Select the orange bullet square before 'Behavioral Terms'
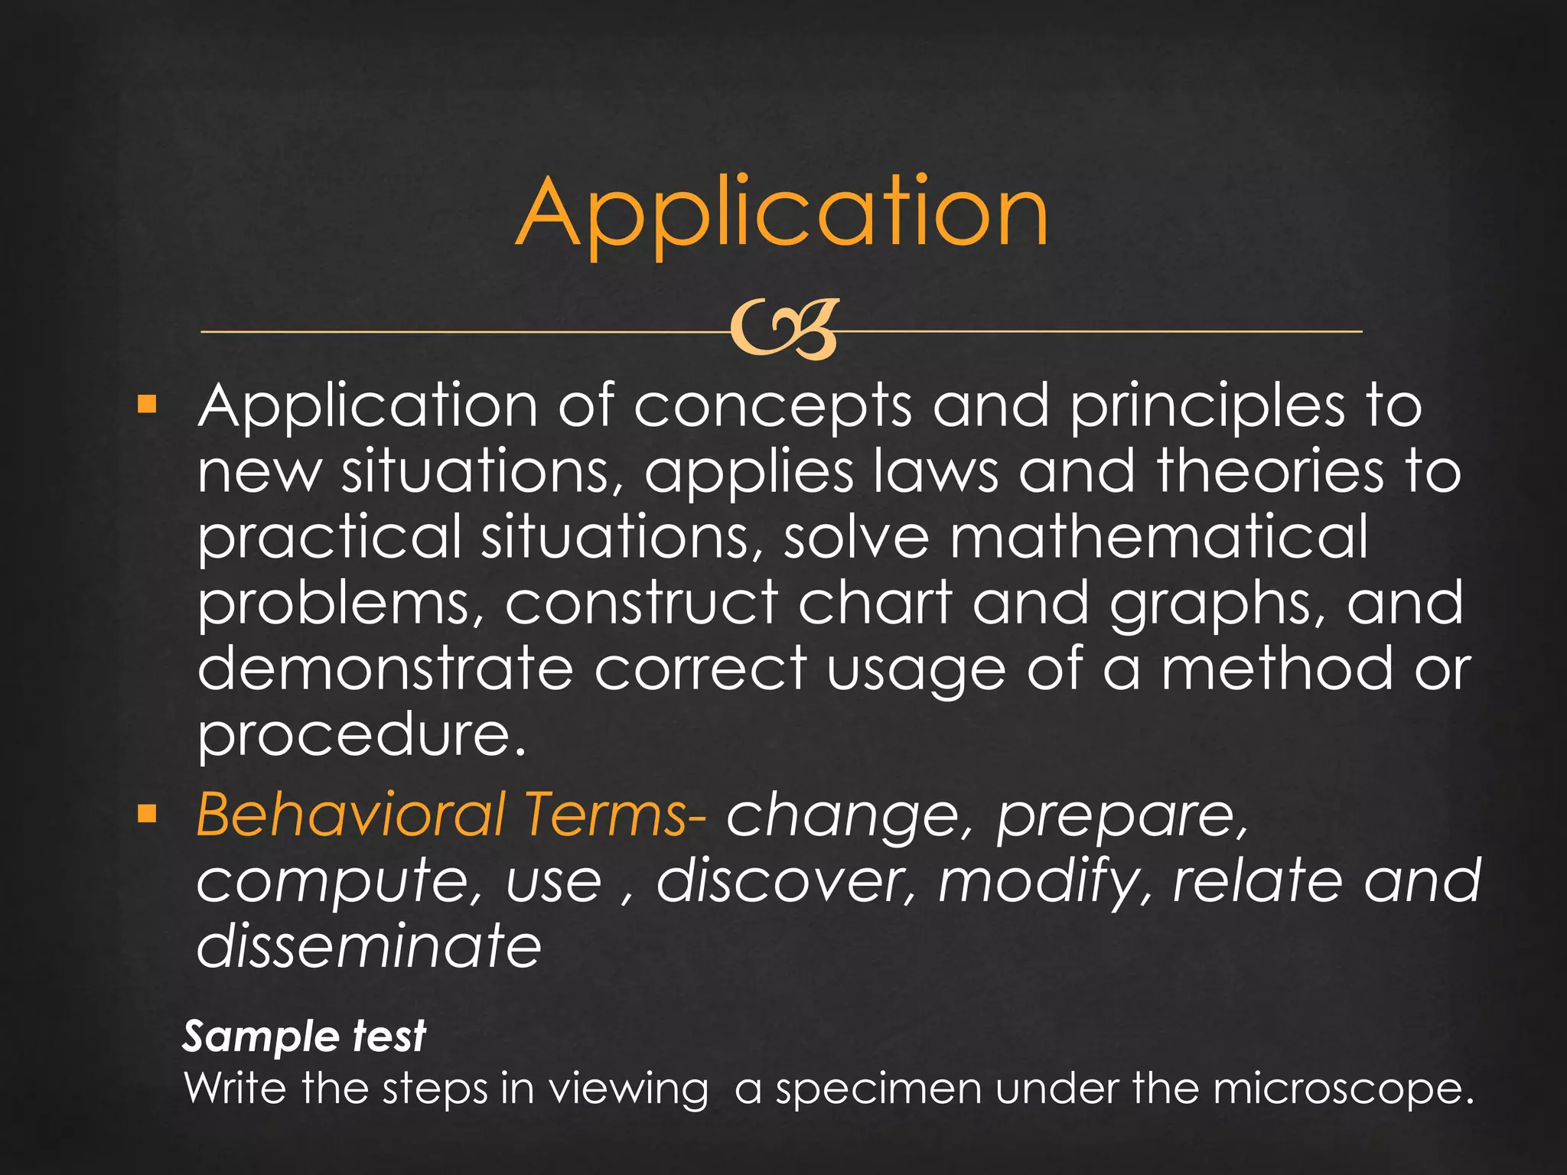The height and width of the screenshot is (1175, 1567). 146,814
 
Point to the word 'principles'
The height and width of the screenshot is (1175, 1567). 1207,407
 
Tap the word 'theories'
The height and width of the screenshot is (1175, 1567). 1270,471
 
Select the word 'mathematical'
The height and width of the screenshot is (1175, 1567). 1158,537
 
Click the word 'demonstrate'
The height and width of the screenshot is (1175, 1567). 385,669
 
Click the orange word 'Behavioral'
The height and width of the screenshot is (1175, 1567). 350,814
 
